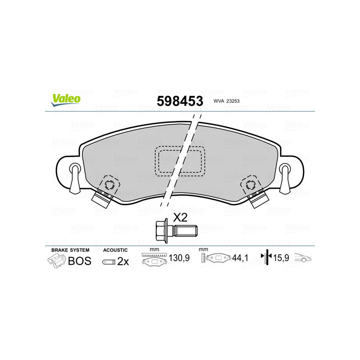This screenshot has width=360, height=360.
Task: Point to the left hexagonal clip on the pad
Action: pos(108,184)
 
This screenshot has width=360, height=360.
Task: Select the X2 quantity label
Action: pos(180,218)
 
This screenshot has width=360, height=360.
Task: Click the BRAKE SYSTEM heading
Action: pos(70,250)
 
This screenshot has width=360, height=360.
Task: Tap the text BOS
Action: pos(79,261)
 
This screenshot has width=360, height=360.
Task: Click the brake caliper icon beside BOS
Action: pos(56,261)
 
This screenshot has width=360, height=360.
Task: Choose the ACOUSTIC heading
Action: pos(115,250)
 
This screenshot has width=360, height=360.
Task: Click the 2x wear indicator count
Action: pos(123,261)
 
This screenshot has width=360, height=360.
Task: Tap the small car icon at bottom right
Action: pos(302,258)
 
